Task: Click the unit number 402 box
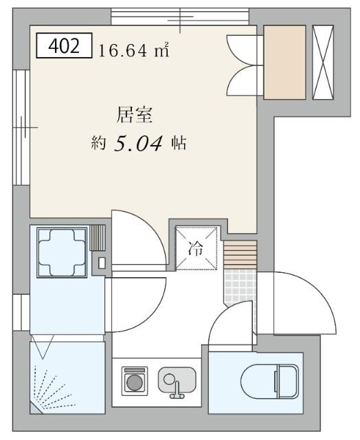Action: (x=63, y=47)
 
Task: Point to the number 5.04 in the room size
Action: (x=138, y=144)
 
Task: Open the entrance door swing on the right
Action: (x=302, y=302)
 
